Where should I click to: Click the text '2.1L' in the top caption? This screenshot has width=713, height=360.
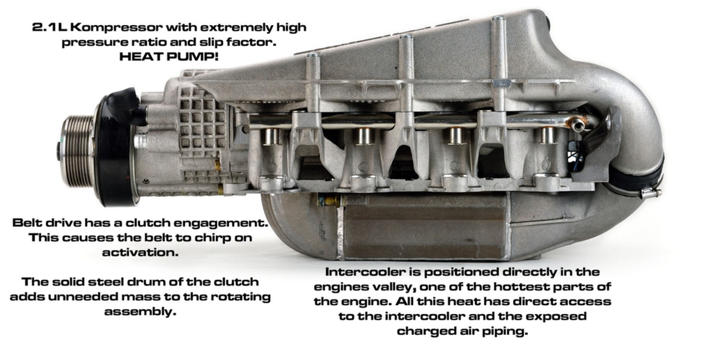click(x=49, y=27)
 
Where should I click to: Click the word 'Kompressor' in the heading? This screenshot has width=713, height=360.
click(x=116, y=28)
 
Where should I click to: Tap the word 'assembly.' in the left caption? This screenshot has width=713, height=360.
click(x=140, y=312)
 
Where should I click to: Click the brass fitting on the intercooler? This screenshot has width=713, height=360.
click(x=329, y=200)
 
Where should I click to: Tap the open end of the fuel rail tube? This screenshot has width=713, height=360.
click(x=578, y=123)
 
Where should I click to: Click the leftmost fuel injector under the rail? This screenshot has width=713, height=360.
click(x=272, y=136)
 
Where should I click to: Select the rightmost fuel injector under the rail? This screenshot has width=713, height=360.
click(x=547, y=136)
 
